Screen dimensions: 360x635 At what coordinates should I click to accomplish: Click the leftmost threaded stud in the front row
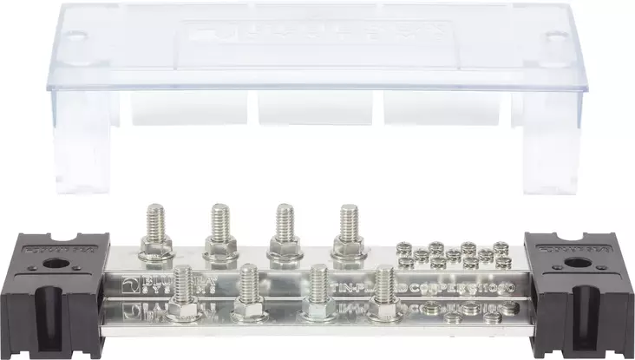point(183,291)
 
